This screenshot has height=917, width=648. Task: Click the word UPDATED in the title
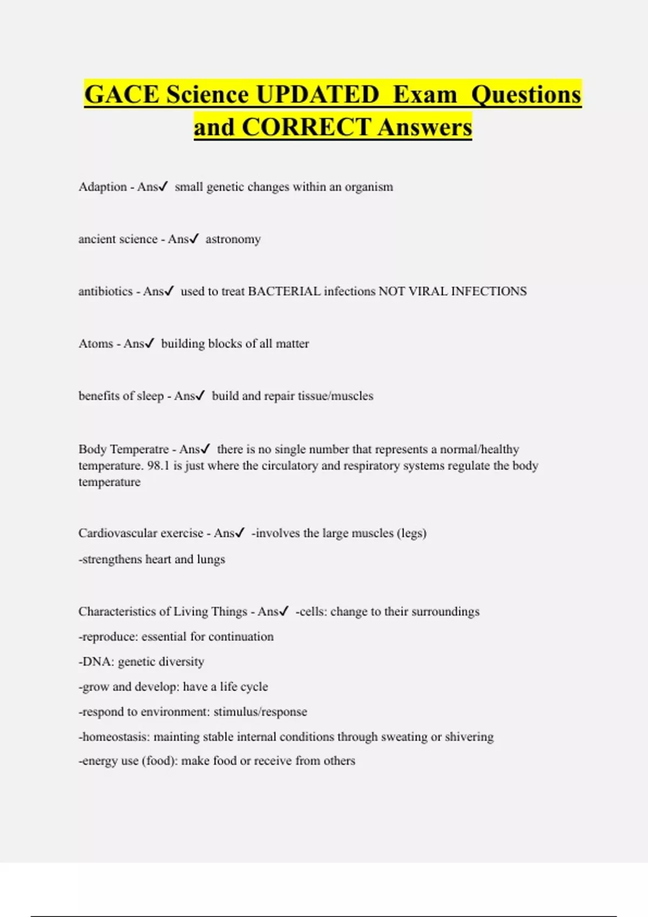pos(318,94)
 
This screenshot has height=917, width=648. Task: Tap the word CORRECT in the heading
pos(306,127)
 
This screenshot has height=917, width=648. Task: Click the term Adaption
pos(103,187)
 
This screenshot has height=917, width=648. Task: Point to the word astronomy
pos(233,239)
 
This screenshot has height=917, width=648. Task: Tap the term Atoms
pos(96,344)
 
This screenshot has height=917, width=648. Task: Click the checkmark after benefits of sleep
pos(200,396)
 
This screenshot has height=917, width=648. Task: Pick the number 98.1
pos(158,466)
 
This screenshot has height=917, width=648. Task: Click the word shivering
pos(469,737)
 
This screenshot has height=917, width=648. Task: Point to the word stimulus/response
pos(260,712)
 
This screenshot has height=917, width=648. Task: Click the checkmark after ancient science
pos(194,239)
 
